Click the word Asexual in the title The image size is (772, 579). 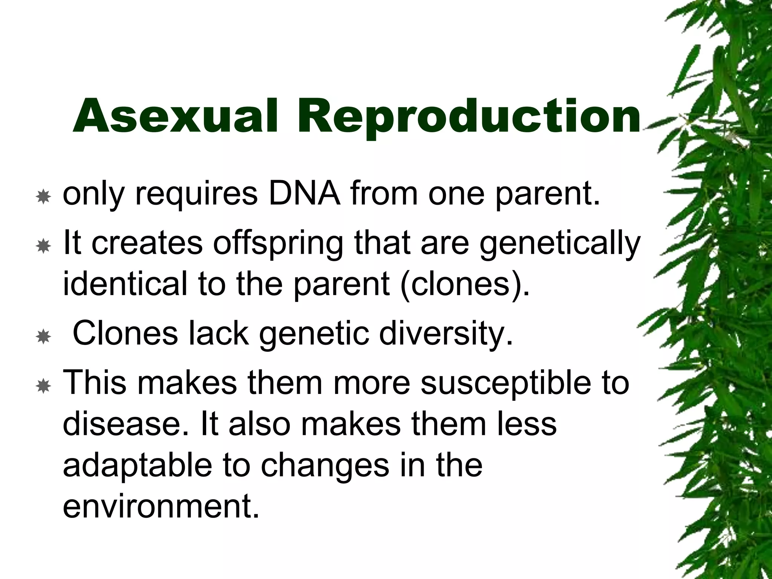[x=175, y=116]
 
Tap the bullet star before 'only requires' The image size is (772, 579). [x=44, y=197]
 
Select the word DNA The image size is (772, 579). [x=304, y=194]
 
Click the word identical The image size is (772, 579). [x=125, y=283]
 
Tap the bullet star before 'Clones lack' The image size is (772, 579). [x=44, y=337]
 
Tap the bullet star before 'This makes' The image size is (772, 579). [x=44, y=386]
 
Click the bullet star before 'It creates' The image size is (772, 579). [x=44, y=247]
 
